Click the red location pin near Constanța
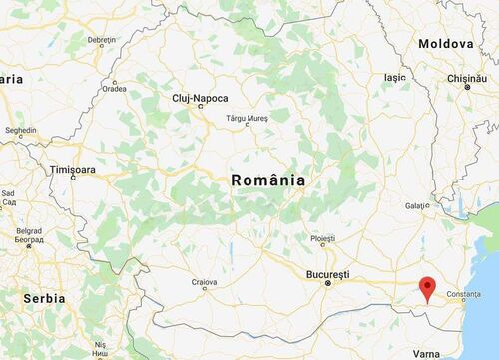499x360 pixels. coord(428,287)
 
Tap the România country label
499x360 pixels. coord(267,180)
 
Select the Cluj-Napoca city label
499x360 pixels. coord(200,98)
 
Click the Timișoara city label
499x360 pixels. coord(75,171)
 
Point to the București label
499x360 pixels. coord(327,273)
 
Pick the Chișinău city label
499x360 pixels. coord(465,77)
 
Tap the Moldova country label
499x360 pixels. coord(445,45)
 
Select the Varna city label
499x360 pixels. coord(424,353)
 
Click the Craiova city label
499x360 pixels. coord(205,283)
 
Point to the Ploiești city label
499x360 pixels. coord(322,239)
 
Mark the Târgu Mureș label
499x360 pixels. coord(249,118)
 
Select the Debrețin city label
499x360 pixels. coord(102,40)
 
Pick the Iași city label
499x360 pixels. coord(395,76)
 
